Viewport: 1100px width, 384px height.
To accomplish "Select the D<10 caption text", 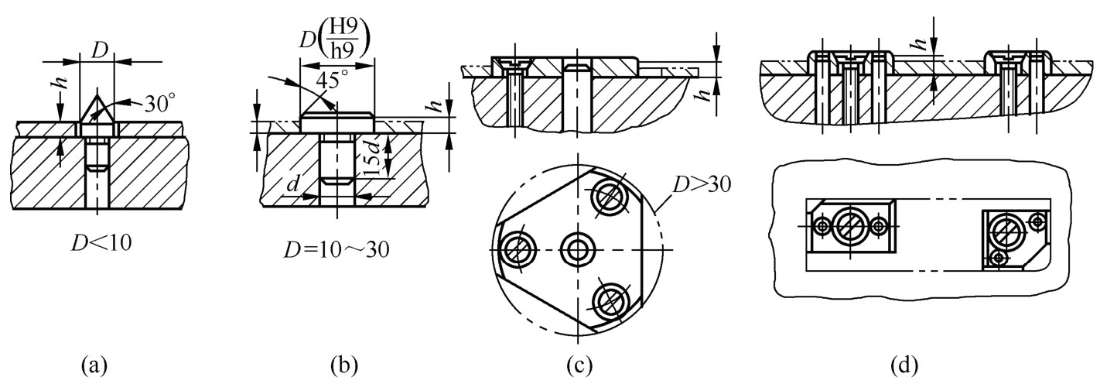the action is pyautogui.click(x=101, y=243).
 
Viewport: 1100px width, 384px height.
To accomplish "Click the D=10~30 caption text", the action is pyautogui.click(x=336, y=250).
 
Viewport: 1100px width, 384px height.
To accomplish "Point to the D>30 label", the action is pyautogui.click(x=702, y=184).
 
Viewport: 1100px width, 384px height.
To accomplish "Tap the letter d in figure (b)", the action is pyautogui.click(x=293, y=183).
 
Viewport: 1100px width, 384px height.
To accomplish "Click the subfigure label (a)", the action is pyautogui.click(x=94, y=365).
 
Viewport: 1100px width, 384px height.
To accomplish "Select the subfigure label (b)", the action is pyautogui.click(x=345, y=365).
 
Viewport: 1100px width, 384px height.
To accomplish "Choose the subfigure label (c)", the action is pyautogui.click(x=579, y=365).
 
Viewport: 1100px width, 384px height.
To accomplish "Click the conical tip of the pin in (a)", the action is pyautogui.click(x=97, y=96).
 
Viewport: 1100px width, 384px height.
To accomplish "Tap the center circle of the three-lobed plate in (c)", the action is pyautogui.click(x=578, y=250).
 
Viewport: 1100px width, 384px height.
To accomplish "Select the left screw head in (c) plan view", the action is pyautogui.click(x=517, y=250).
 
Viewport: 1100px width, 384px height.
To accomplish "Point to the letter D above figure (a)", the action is pyautogui.click(x=99, y=52).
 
